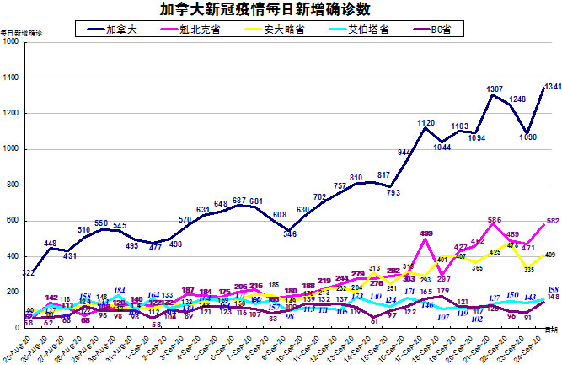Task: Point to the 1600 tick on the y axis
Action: coord(11,41)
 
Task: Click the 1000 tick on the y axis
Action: coord(11,149)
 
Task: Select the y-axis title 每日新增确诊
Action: coord(21,33)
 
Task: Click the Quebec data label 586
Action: coord(495,221)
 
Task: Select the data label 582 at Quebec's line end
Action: coord(552,221)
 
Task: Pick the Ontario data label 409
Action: coord(550,255)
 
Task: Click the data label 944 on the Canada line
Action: coord(404,153)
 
